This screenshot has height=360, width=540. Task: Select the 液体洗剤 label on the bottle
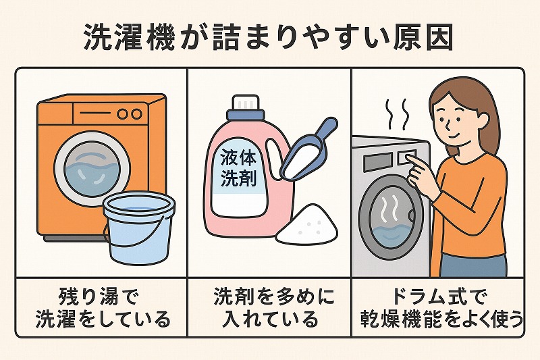238,169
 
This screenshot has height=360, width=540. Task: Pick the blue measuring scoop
308,150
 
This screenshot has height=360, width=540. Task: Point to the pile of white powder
307,224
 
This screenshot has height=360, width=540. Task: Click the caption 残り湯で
99,297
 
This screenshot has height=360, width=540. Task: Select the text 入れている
269,319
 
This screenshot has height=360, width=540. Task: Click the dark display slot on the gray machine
377,159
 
